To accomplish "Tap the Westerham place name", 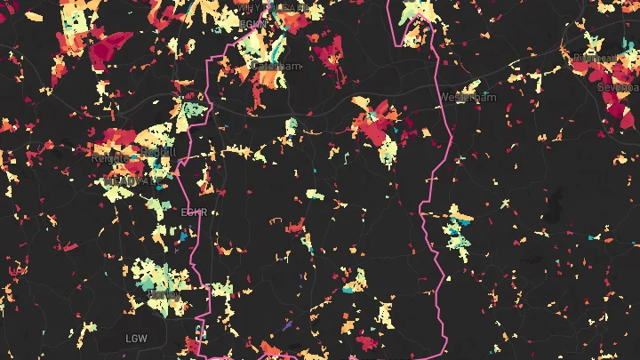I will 468,97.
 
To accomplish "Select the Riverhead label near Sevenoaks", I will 595,59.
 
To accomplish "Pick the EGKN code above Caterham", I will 253,23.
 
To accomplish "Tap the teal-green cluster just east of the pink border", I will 459,227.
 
